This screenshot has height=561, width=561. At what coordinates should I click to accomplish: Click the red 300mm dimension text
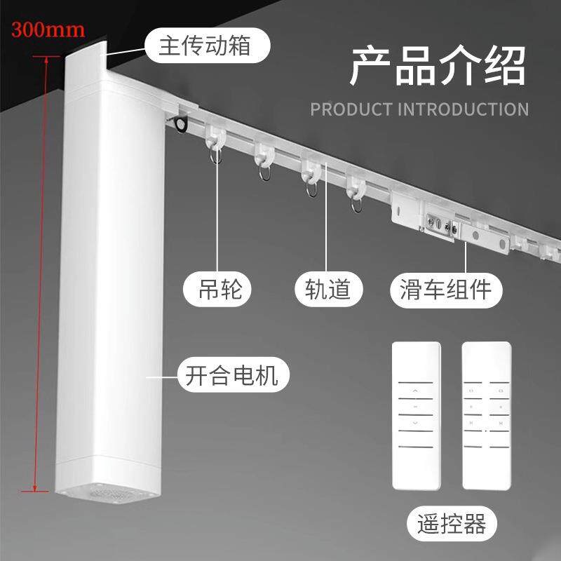click(48, 30)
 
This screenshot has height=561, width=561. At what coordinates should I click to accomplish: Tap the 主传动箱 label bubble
click(207, 46)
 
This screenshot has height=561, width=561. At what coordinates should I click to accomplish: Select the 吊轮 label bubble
click(217, 289)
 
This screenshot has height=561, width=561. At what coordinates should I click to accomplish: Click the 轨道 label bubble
click(328, 289)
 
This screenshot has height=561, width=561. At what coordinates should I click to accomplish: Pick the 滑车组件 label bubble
click(446, 290)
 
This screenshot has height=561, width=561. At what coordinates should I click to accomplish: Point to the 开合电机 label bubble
click(233, 375)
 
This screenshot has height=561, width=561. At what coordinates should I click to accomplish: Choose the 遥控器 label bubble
click(452, 524)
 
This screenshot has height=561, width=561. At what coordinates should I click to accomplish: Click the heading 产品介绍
click(437, 66)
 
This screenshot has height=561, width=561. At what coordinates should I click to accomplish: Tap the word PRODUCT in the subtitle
click(351, 109)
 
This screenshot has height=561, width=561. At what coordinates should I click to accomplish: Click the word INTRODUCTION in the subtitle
click(464, 109)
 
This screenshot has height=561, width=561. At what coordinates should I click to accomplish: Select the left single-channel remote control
click(417, 416)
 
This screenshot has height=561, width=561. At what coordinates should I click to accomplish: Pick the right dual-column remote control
click(487, 416)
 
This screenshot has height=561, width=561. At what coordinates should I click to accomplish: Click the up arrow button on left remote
click(415, 391)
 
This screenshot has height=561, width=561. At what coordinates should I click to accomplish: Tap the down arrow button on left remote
click(415, 424)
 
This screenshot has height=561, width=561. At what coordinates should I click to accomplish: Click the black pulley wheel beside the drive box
click(180, 124)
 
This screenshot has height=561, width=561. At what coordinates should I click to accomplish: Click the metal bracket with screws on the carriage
click(441, 225)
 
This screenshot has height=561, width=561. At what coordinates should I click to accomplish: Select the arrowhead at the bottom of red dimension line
click(34, 487)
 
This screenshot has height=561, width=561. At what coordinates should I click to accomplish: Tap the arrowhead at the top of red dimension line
click(46, 60)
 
